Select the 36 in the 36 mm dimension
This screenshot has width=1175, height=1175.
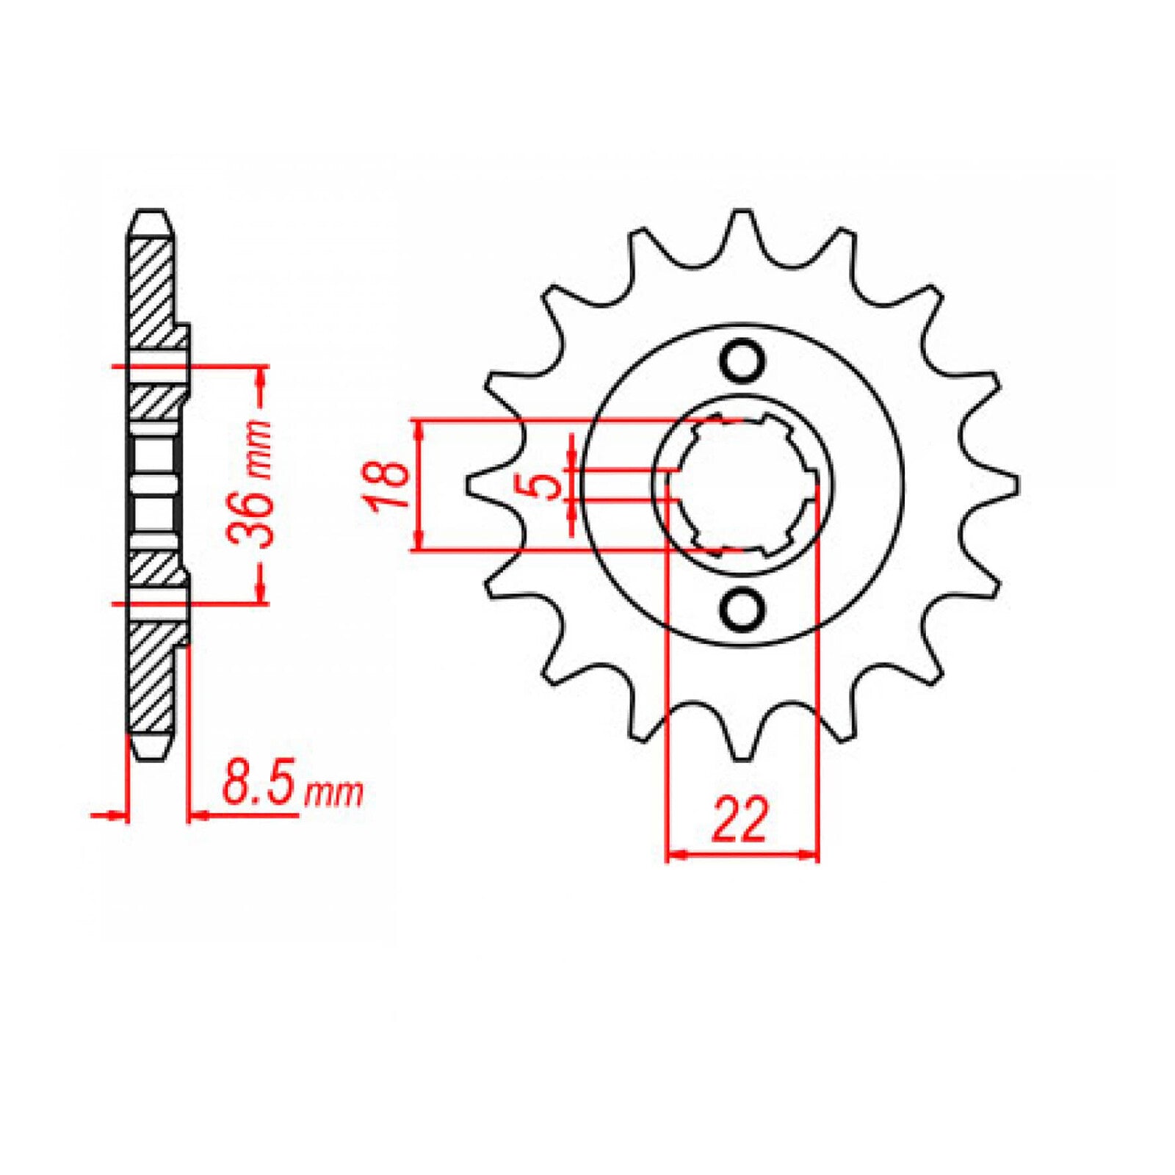tap(250, 518)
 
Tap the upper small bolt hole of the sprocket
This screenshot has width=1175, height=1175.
tap(742, 361)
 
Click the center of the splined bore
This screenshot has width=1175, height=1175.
tap(742, 485)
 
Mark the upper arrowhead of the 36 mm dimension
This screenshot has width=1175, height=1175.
tap(259, 375)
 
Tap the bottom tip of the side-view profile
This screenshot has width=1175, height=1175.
tap(152, 756)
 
